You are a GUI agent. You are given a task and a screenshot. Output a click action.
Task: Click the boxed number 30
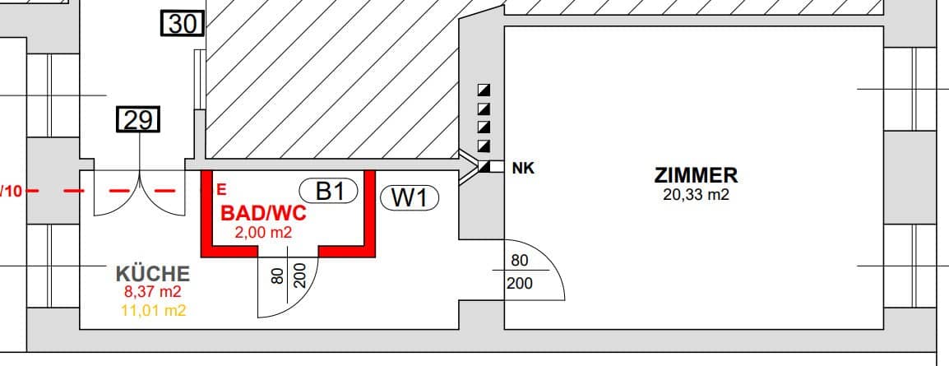tap(183, 24)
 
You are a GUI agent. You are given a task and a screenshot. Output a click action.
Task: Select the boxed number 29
tap(138, 120)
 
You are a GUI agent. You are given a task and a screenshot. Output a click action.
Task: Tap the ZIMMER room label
tap(696, 175)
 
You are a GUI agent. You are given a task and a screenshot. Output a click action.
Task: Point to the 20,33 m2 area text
tap(696, 195)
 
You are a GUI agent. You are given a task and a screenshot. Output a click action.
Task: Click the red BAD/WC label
tap(263, 213)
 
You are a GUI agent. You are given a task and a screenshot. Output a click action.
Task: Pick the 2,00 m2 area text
tap(263, 232)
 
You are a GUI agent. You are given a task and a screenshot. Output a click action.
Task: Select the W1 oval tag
tap(410, 198)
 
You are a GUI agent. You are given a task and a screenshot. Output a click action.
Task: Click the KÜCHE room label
tap(152, 274)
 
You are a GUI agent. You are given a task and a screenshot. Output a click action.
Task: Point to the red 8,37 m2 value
tap(152, 292)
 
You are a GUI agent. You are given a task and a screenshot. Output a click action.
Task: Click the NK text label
tap(524, 169)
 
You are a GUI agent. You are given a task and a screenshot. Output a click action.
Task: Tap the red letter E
tap(221, 190)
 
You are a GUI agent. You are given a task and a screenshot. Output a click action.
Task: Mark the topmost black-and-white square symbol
tap(484, 90)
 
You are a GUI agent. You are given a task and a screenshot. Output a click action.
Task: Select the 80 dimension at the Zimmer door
tap(519, 261)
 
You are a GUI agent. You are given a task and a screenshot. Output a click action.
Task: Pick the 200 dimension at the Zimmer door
tap(519, 282)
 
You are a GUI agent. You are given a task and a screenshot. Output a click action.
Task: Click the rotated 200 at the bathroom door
tap(299, 276)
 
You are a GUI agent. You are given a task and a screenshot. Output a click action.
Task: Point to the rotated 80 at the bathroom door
tap(277, 276)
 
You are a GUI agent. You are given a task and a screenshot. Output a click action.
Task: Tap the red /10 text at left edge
tap(12, 192)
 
